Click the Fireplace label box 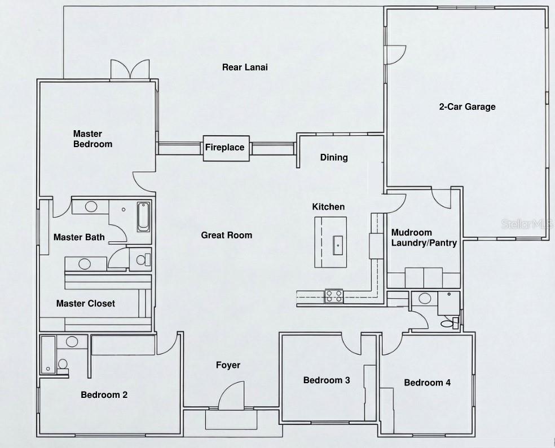pos(225,148)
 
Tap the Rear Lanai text pos(244,67)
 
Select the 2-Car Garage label pos(467,107)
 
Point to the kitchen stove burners pos(333,296)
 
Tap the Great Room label pos(226,235)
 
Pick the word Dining pos(334,157)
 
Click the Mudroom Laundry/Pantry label pos(424,238)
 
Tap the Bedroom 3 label pos(327,380)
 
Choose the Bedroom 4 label pos(427,383)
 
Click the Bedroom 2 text pos(104,394)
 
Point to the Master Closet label pos(86,303)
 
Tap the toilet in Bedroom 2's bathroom pos(63,363)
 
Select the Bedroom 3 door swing pos(351,344)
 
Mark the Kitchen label pos(328,207)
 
